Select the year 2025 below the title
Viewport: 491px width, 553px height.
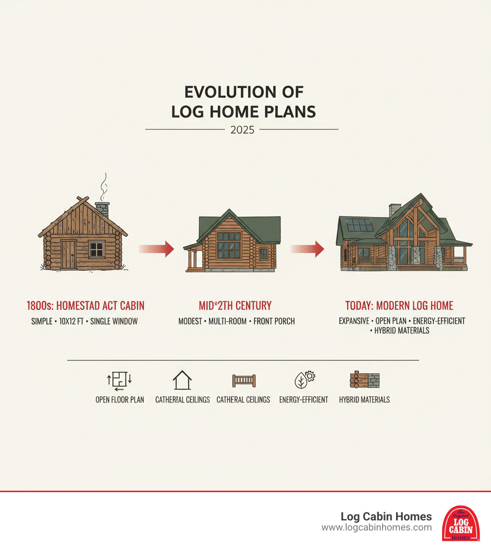[242, 130]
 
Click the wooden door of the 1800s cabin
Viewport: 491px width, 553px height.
[69, 254]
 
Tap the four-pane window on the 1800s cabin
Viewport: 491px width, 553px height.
[96, 250]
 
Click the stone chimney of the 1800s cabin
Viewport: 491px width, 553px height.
[102, 210]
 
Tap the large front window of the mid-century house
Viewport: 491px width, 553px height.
[229, 244]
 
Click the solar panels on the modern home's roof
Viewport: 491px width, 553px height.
[360, 225]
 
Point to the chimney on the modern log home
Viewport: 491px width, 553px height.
[395, 210]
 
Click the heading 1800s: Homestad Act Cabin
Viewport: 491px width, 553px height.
[85, 306]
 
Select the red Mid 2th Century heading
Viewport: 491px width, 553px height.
[235, 306]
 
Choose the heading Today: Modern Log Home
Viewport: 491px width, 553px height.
[399, 306]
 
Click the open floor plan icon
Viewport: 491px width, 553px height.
[119, 380]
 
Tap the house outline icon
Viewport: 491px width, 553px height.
[182, 380]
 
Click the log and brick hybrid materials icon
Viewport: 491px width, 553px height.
[364, 380]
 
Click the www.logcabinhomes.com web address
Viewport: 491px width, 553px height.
[376, 528]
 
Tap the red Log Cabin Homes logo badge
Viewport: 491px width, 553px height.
[461, 523]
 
